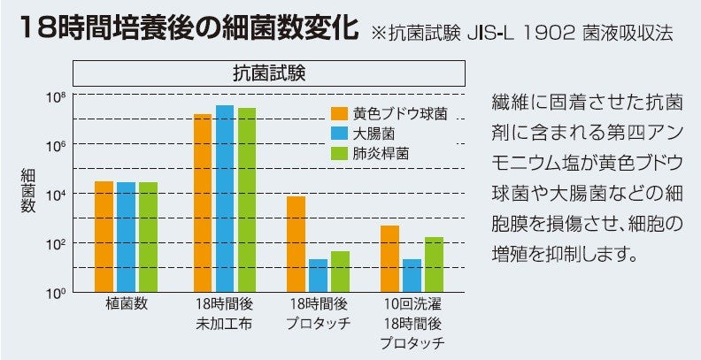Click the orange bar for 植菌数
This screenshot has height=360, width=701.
(x=104, y=236)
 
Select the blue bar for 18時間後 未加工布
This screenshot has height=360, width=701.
(x=225, y=198)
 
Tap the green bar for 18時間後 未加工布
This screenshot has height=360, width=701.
(x=246, y=200)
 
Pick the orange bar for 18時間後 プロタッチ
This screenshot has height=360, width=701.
(x=296, y=243)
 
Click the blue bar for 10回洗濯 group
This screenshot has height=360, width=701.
(x=412, y=275)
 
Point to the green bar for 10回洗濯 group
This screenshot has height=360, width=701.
(x=434, y=264)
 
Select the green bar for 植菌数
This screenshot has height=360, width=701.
(x=148, y=236)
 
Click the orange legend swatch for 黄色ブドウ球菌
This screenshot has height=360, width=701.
(x=338, y=113)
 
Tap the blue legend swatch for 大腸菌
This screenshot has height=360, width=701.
(x=338, y=133)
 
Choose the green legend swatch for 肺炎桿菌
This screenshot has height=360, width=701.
(x=338, y=152)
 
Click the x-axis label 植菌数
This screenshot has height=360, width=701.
(x=126, y=303)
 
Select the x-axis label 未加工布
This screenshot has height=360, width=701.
(x=225, y=323)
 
